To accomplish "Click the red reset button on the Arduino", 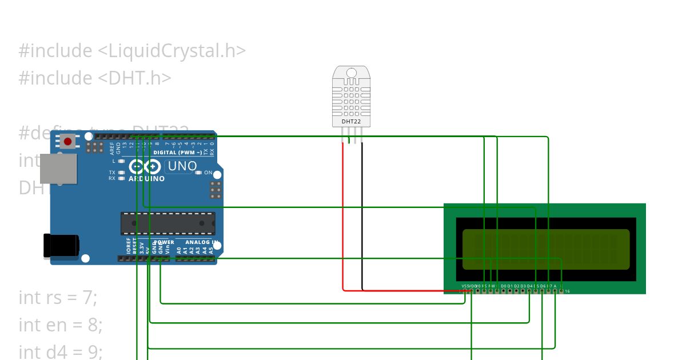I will tap(68, 141).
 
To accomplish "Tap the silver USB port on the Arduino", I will tap(58, 169).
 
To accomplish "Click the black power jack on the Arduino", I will tap(61, 246).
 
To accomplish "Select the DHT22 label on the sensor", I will tap(351, 121).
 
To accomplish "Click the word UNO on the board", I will tap(182, 166).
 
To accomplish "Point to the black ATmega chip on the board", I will tap(167, 223).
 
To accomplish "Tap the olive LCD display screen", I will tap(545, 249).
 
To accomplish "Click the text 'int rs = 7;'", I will tap(58, 298).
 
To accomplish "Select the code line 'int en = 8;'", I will tap(60, 325).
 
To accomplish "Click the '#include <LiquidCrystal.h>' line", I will tap(132, 51).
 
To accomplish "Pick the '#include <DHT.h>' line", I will tap(95, 78).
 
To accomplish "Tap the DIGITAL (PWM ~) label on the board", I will tap(177, 153).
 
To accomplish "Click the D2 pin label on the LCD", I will tap(516, 286).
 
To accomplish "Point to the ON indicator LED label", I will tap(208, 173).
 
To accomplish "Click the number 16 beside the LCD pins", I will tap(567, 291).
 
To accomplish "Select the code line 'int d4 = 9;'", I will tap(60, 351).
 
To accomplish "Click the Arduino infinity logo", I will tap(145, 167).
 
